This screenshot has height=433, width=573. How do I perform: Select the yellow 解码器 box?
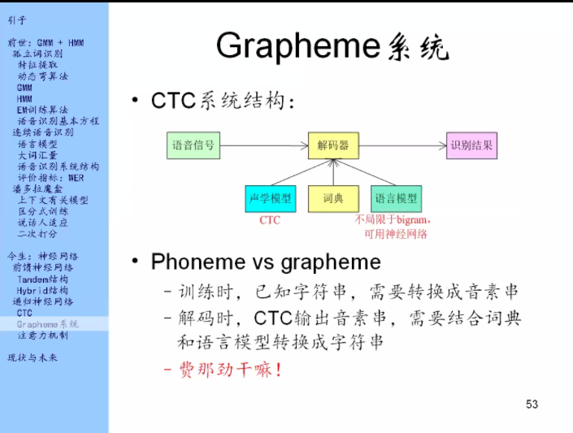click(x=333, y=145)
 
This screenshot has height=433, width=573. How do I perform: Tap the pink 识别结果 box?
click(x=471, y=145)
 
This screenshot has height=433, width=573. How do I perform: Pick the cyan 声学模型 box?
click(x=270, y=198)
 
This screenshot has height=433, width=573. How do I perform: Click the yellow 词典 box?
click(x=333, y=198)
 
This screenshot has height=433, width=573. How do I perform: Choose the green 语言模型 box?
click(x=396, y=198)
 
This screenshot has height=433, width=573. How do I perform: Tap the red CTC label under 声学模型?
click(x=270, y=220)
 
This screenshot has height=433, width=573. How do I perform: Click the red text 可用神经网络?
click(x=396, y=234)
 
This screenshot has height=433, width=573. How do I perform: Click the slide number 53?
click(x=532, y=405)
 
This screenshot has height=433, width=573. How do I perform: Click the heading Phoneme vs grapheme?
click(x=266, y=262)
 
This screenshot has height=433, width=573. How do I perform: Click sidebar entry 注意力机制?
click(x=42, y=335)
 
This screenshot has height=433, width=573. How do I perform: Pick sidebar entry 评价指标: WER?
click(x=50, y=177)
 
